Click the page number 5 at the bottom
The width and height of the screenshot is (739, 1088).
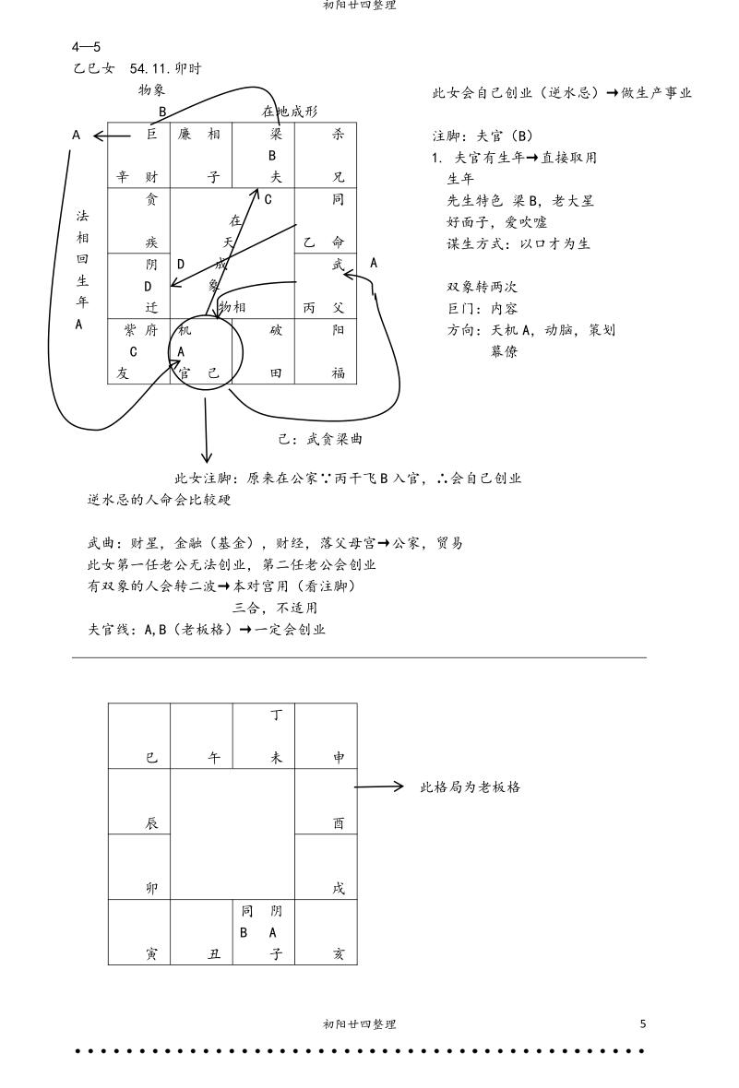(643, 1023)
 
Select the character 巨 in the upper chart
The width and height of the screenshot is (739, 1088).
(152, 135)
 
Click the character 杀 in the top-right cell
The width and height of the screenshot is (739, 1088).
(338, 135)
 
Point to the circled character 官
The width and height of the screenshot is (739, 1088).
(185, 373)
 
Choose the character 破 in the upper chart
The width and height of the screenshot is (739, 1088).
(276, 330)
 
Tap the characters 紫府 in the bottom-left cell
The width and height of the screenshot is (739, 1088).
(142, 330)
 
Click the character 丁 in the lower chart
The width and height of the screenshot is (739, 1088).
(276, 715)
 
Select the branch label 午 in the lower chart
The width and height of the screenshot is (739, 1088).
(214, 758)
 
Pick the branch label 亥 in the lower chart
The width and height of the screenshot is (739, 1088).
(339, 954)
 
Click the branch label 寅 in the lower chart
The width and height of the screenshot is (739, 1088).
(151, 954)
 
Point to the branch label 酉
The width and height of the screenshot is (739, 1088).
(339, 823)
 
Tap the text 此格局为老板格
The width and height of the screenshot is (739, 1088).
(470, 787)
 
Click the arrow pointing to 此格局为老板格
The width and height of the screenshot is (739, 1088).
(379, 787)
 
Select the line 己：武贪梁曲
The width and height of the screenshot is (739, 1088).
(320, 440)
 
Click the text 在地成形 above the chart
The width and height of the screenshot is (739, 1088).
(290, 112)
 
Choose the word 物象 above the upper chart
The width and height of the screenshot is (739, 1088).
(151, 89)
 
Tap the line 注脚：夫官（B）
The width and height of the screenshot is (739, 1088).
(483, 136)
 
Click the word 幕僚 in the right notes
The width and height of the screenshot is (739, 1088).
(504, 351)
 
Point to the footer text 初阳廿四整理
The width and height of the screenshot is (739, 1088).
(360, 1023)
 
